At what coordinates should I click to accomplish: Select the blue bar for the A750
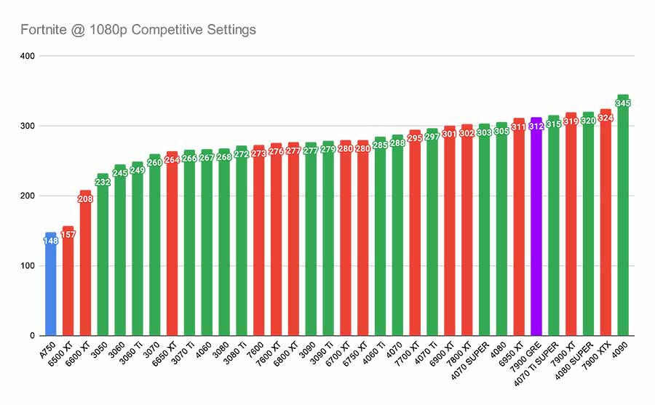50,291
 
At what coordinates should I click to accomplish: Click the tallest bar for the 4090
623,218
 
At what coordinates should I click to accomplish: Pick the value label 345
623,103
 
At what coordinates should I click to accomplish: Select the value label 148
50,241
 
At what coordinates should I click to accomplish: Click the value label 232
103,182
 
